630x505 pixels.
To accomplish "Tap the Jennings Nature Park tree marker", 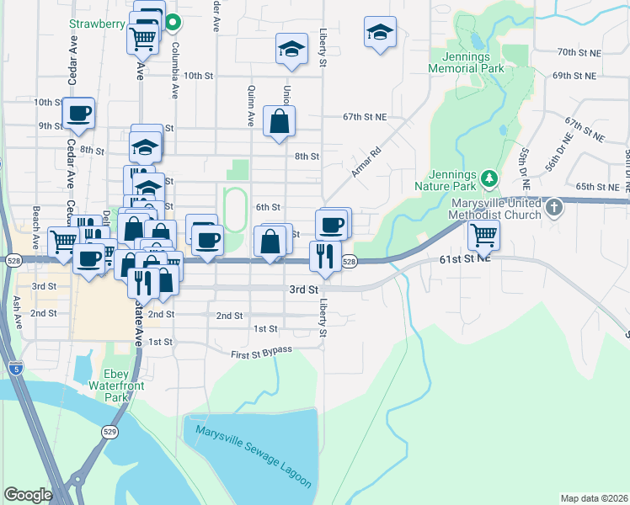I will pyautogui.click(x=489, y=178).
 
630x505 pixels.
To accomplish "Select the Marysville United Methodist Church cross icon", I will pyautogui.click(x=553, y=206).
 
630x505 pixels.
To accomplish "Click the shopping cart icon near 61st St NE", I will pyautogui.click(x=483, y=236).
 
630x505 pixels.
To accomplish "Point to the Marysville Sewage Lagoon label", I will pyautogui.click(x=254, y=458).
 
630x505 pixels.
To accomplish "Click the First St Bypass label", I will pyautogui.click(x=261, y=351).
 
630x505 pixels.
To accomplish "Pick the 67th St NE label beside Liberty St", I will pyautogui.click(x=365, y=117).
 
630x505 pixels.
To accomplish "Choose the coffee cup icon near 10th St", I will pyautogui.click(x=79, y=113).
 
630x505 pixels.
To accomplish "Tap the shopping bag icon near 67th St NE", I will pyautogui.click(x=279, y=122).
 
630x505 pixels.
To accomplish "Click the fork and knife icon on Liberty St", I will pyautogui.click(x=325, y=254).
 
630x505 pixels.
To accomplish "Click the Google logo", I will pyautogui.click(x=28, y=495).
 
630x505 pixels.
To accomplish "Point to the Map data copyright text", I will pyautogui.click(x=593, y=498).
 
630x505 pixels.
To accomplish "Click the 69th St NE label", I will pyautogui.click(x=575, y=76).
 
